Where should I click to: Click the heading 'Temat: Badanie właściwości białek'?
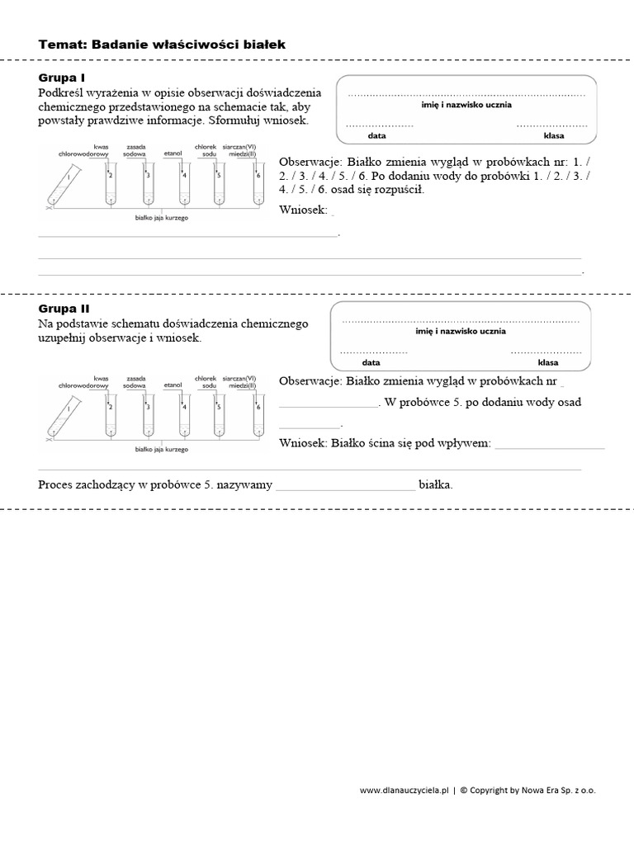[x=162, y=45]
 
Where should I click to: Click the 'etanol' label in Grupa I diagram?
[x=173, y=153]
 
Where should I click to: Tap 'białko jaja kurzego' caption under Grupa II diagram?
[x=162, y=450]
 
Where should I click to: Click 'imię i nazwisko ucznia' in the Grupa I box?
[x=466, y=106]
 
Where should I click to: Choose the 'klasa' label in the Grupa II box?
[x=548, y=362]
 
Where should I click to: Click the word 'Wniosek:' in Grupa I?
[x=304, y=210]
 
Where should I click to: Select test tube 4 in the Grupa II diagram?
[x=184, y=418]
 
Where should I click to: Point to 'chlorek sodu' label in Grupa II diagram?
[x=205, y=380]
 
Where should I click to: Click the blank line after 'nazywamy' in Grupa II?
[x=345, y=486]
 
